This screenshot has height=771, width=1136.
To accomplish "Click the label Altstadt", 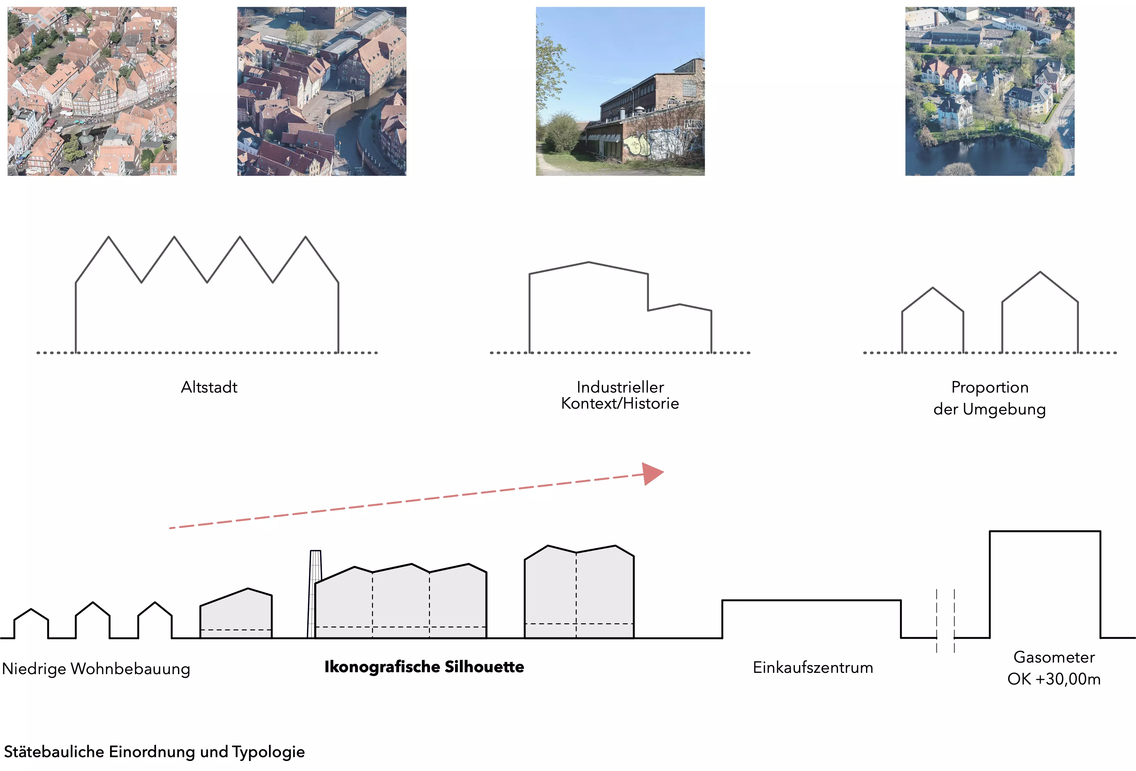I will (209, 387).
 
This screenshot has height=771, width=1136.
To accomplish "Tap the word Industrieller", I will (620, 387).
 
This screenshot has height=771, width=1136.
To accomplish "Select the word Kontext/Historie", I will (620, 403).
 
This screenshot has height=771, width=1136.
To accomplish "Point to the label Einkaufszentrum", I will (812, 667).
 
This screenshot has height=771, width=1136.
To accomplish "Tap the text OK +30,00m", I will (1054, 679).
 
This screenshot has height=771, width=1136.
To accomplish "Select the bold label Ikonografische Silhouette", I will (424, 667).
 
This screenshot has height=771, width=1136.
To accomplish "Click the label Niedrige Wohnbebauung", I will (96, 668).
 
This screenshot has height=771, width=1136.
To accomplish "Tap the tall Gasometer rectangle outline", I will (1045, 584).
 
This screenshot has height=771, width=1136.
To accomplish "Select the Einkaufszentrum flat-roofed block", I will (811, 619).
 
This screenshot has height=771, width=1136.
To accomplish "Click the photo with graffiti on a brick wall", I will (620, 91).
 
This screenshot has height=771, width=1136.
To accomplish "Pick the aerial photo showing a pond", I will (989, 91).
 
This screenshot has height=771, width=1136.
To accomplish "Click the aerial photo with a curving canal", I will (321, 91).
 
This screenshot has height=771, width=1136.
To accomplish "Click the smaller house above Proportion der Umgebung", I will (932, 323).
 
